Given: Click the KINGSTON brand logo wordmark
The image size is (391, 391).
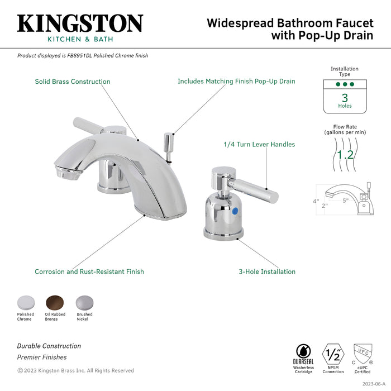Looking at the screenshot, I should [x=80, y=23].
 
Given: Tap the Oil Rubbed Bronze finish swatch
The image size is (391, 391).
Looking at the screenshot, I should [x=55, y=303].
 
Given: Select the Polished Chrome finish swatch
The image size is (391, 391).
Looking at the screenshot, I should [x=25, y=303].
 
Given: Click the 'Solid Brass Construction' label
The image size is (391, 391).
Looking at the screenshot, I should [x=73, y=82].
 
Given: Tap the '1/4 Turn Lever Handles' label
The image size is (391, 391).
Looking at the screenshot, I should [x=259, y=144].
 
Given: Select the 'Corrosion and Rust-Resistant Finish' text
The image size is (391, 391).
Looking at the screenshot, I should [x=89, y=271].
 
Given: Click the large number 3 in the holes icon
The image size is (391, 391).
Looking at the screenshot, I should [x=345, y=97].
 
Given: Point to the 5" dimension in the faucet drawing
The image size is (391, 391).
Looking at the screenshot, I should [x=346, y=199].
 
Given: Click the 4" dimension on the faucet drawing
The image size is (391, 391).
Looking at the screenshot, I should [x=316, y=201].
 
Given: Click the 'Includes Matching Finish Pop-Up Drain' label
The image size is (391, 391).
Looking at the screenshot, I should [x=236, y=82].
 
